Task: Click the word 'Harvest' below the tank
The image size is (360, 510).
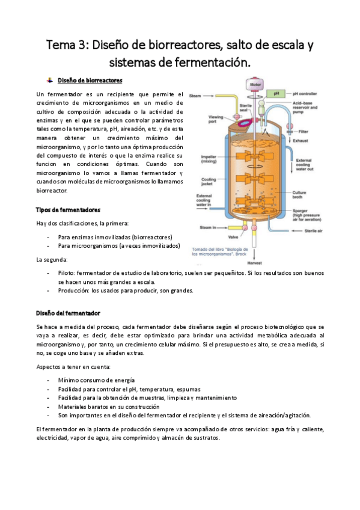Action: [255, 263]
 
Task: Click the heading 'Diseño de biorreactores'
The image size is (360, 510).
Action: [90, 80]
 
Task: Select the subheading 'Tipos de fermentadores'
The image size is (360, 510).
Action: [68, 209]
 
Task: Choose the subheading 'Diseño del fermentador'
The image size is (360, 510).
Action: [68, 313]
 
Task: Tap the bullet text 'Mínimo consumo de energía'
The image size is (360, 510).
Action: [96, 380]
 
